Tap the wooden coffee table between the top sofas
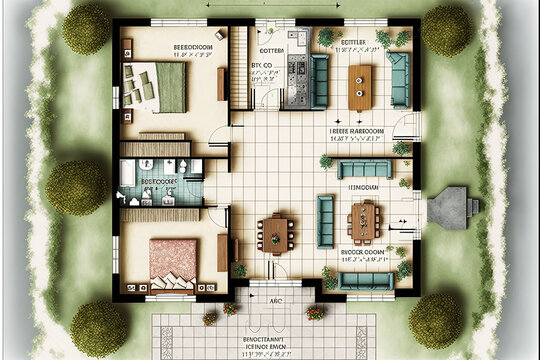point(360,87)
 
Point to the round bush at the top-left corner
point(87,30)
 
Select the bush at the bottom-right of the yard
point(435,319)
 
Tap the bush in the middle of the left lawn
point(75,185)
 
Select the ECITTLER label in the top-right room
point(356,42)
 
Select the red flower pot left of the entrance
point(210,318)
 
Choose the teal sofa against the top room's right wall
point(399,80)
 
